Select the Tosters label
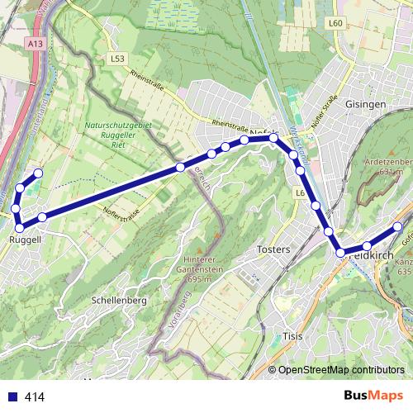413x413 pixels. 273,249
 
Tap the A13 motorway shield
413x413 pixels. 34,43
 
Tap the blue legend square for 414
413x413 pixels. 11,396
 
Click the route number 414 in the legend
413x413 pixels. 34,396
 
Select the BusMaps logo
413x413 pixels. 369,396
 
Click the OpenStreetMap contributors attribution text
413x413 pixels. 341,371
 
